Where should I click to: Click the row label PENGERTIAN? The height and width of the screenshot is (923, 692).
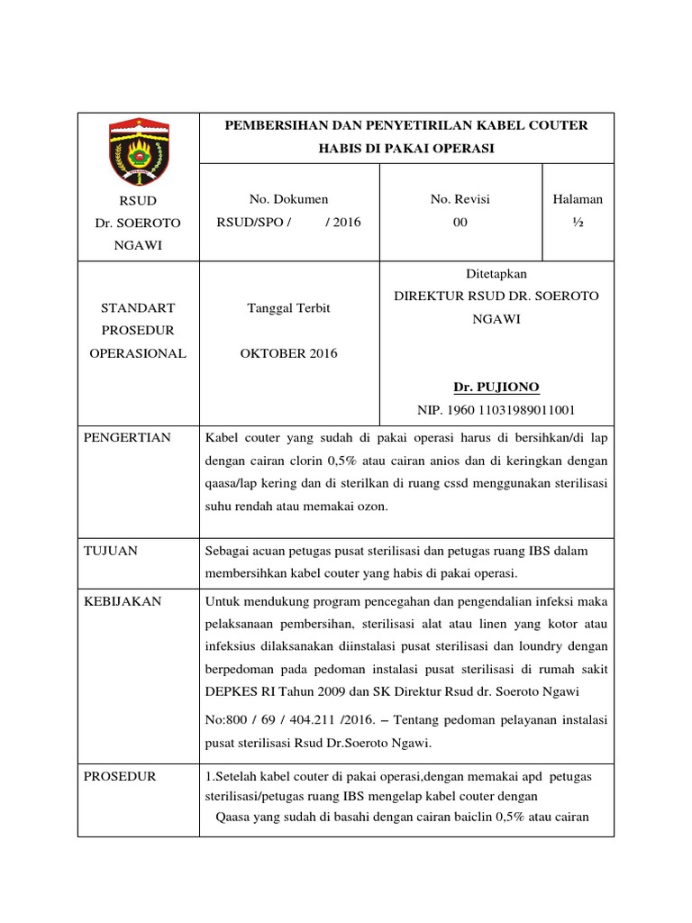pyautogui.click(x=127, y=438)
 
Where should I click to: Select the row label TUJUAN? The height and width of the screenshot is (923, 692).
pyautogui.click(x=110, y=551)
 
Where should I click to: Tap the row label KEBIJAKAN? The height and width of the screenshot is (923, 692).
pyautogui.click(x=123, y=601)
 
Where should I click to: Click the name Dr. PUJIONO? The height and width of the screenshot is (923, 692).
pyautogui.click(x=496, y=388)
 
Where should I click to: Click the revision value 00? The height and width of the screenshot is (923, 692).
pyautogui.click(x=460, y=223)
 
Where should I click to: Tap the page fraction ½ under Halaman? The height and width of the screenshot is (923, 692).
pyautogui.click(x=578, y=223)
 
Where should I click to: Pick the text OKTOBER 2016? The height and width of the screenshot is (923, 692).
pyautogui.click(x=288, y=353)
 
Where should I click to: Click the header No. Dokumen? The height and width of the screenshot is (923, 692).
pyautogui.click(x=288, y=199)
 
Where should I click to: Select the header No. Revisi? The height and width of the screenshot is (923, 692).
pyautogui.click(x=460, y=199)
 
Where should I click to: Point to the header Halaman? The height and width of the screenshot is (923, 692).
pyautogui.click(x=578, y=199)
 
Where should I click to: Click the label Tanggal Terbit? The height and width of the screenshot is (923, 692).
pyautogui.click(x=288, y=308)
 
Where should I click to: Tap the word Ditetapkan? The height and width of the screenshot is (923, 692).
pyautogui.click(x=496, y=273)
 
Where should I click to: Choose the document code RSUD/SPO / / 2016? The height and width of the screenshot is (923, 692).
pyautogui.click(x=288, y=223)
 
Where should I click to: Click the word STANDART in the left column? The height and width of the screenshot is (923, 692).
pyautogui.click(x=138, y=308)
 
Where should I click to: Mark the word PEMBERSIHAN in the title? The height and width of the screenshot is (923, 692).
pyautogui.click(x=274, y=125)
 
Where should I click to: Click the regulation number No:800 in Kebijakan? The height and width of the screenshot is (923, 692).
pyautogui.click(x=230, y=719)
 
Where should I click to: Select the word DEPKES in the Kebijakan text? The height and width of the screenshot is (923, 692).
pyautogui.click(x=231, y=691)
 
